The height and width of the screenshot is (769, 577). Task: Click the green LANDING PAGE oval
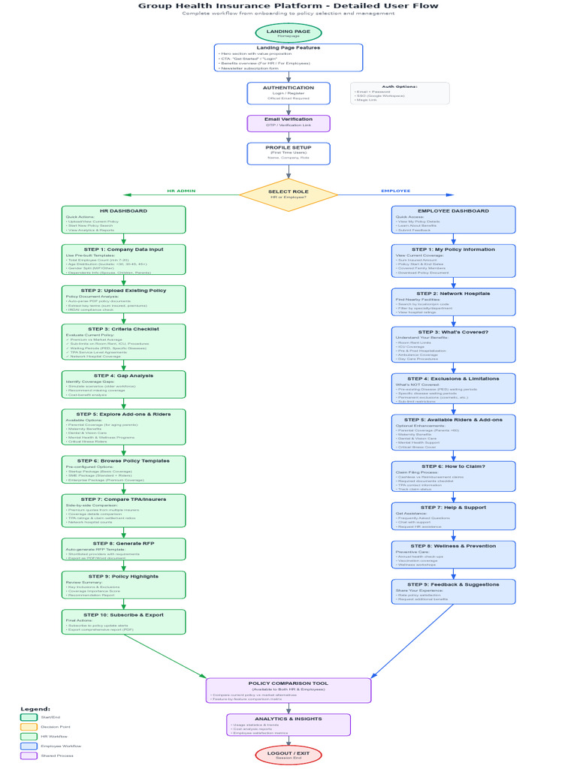[288, 33]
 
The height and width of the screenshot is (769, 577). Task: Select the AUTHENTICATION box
[288, 93]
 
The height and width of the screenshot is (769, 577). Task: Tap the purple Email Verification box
[288, 123]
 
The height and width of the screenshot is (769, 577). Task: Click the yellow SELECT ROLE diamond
[288, 195]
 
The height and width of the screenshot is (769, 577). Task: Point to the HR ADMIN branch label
[181, 191]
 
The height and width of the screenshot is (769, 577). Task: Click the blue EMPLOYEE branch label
[396, 191]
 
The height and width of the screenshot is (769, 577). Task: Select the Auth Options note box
[400, 93]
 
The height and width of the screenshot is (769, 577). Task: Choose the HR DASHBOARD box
[123, 219]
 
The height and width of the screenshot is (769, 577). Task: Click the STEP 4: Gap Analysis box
[123, 384]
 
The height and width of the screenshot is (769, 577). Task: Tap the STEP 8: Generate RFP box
[123, 548]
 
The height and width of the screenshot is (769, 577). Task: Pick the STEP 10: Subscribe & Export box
[123, 621]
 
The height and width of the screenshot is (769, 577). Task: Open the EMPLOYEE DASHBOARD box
[453, 219]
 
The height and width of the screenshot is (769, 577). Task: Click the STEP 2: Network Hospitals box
[453, 301]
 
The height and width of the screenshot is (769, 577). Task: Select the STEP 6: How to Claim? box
[453, 476]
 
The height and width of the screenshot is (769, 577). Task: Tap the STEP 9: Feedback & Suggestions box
[453, 591]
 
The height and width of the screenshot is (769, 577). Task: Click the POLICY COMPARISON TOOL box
[288, 690]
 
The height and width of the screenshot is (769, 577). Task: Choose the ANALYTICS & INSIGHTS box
[288, 725]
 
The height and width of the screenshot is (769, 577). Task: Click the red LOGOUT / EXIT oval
[288, 755]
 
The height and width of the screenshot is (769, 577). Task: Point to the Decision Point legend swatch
[29, 727]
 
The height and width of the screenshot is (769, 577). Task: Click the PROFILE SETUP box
[288, 153]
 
